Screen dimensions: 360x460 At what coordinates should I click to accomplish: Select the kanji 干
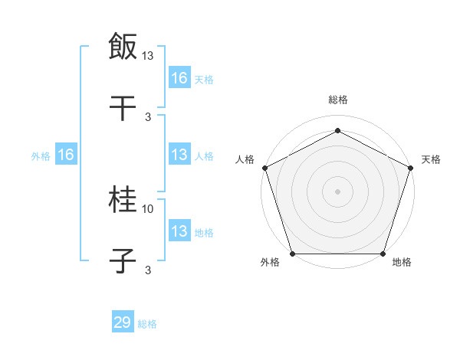click(x=123, y=108)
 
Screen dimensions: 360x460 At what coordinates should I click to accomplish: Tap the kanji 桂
click(x=123, y=201)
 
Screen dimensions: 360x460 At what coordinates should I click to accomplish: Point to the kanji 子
click(x=123, y=261)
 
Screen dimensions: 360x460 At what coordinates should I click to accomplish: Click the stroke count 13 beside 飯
click(x=148, y=55)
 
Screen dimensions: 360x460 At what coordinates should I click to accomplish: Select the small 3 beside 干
click(x=148, y=116)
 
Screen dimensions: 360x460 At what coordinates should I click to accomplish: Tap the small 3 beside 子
click(x=148, y=270)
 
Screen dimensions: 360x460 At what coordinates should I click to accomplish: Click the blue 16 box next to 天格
click(x=179, y=77)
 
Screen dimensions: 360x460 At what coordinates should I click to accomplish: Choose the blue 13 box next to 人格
click(x=179, y=155)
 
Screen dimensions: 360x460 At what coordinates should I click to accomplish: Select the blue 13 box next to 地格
click(x=179, y=231)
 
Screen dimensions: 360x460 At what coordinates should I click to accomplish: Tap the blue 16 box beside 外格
click(x=66, y=155)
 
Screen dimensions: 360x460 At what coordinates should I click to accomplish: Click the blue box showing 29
click(x=123, y=322)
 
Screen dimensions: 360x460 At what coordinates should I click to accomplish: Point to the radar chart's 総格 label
click(x=337, y=100)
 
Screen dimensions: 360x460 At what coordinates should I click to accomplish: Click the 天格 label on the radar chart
click(x=432, y=159)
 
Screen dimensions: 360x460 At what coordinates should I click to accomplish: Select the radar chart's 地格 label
click(x=402, y=263)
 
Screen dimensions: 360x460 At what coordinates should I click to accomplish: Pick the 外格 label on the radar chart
click(x=270, y=263)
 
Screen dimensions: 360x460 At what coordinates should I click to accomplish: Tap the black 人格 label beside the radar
click(x=245, y=159)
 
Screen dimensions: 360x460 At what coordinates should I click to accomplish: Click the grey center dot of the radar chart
click(x=337, y=191)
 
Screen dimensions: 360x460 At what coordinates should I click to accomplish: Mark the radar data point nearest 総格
click(x=337, y=131)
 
